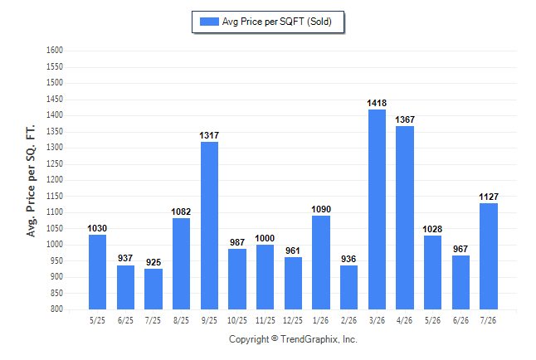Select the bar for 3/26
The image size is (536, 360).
[377, 209]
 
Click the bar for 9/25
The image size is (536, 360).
[209, 226]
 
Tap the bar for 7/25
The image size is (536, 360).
[153, 289]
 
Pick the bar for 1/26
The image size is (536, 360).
[321, 262]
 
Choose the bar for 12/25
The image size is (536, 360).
[293, 283]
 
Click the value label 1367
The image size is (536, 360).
[405, 119]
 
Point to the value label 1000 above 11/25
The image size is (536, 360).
[265, 238]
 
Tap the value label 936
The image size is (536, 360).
[348, 259]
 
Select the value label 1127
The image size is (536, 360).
[489, 197]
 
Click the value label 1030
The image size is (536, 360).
[97, 228]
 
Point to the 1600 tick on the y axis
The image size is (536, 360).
[55, 51]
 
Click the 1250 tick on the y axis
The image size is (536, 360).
[55, 163]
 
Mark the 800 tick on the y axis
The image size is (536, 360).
[56, 309]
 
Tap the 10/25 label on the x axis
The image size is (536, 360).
[237, 320]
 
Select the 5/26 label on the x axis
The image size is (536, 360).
[432, 320]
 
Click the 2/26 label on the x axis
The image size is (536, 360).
[348, 320]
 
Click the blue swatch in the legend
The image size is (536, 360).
[209, 22]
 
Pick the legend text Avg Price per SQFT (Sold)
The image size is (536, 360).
[277, 22]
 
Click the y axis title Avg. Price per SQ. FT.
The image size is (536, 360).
[31, 181]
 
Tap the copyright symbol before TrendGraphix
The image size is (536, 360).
[275, 338]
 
